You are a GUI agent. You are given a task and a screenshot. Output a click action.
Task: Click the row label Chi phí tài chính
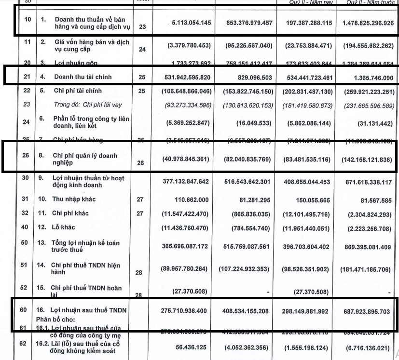(78, 91)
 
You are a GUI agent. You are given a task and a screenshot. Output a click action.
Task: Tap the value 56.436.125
(191, 346)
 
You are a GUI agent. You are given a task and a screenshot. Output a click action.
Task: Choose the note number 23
(142, 27)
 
